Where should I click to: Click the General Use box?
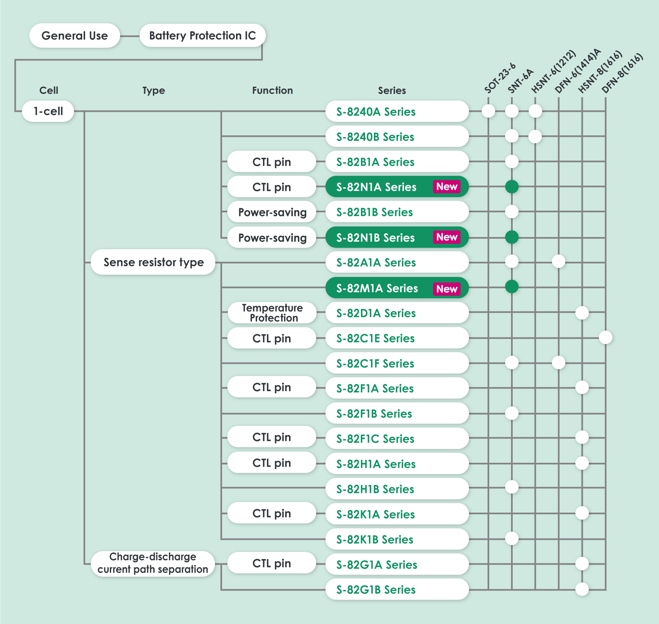pos(75,36)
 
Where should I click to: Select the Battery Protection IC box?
pos(202,36)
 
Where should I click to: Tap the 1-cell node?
pos(48,111)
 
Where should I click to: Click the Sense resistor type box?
pos(153,262)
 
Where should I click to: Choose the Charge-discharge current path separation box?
pos(153,563)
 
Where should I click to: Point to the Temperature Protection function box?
pos(272,313)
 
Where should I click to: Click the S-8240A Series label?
pos(376,112)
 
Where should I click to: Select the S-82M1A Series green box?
pos(397,288)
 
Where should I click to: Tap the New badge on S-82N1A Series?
pos(446,187)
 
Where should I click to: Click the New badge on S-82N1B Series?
pos(446,237)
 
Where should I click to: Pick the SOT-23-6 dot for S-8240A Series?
pos(488,111)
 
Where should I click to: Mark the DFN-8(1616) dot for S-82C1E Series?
pos(605,337)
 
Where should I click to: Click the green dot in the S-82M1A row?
pos(512,287)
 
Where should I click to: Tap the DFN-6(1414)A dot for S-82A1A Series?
pos(558,261)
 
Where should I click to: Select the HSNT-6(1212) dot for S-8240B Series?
pos(535,136)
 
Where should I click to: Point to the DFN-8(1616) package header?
pos(622,73)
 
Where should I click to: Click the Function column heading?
pos(272,90)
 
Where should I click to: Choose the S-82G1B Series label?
pos(376,590)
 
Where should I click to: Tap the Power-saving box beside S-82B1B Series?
pos(272,212)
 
